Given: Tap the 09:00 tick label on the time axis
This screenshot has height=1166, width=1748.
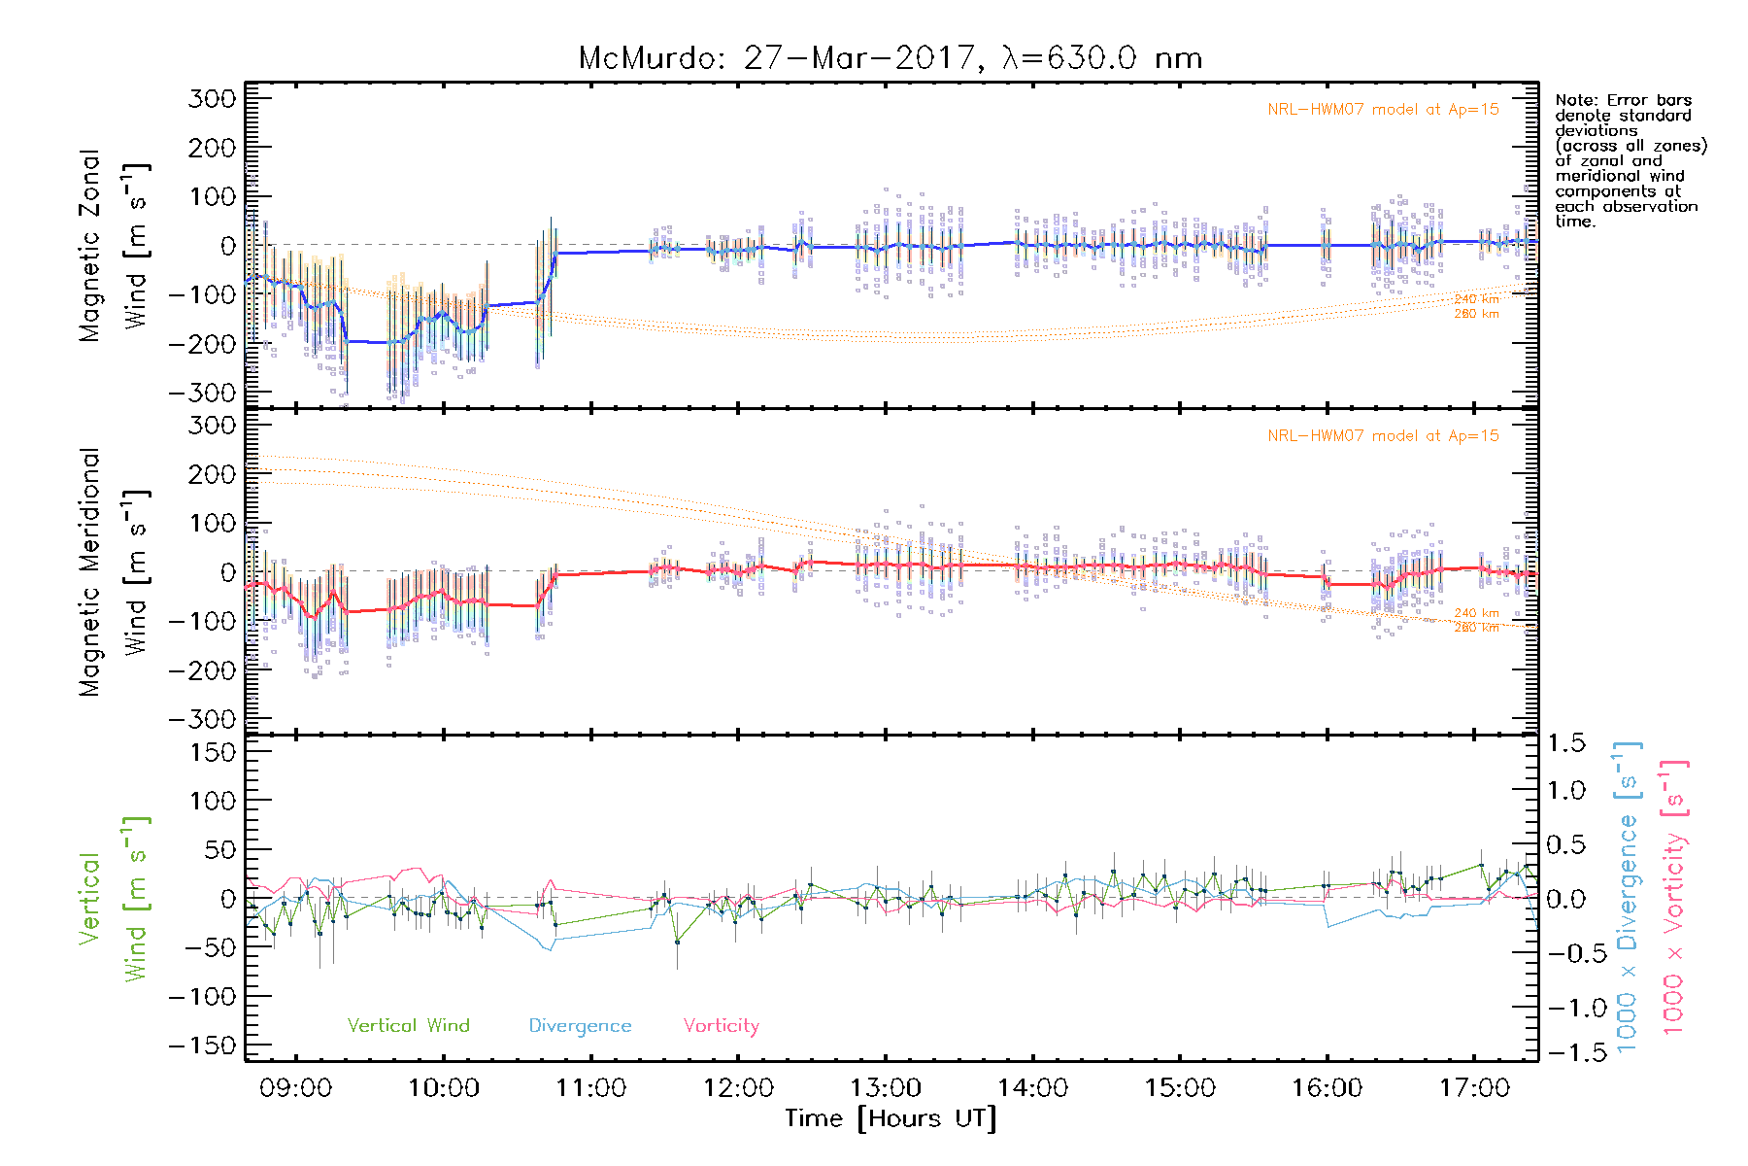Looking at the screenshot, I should pos(296,1087).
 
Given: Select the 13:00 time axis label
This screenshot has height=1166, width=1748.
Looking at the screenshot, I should pos(886,1087).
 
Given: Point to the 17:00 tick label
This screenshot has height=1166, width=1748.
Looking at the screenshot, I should pos(1474,1087).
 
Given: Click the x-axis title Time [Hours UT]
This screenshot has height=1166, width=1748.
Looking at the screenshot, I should pos(891,1118).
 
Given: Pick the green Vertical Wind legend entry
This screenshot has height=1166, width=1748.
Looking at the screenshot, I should pos(408,1025).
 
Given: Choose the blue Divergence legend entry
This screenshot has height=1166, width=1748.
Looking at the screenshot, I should pos(580,1026).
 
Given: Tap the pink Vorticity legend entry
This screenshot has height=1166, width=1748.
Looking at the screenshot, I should pos(721,1025).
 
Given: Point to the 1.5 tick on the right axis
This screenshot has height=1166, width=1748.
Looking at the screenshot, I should pos(1565,743).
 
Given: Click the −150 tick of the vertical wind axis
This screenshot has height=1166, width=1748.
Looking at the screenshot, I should pos(202,1046).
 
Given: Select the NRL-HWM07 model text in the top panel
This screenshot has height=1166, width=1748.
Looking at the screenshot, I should pos(1383,110).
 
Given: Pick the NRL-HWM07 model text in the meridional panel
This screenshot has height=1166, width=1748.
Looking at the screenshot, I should pos(1383,436).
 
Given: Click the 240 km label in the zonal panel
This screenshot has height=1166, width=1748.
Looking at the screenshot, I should pos(1476,299).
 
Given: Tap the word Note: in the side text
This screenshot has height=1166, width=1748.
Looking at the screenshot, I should pos(1574,100).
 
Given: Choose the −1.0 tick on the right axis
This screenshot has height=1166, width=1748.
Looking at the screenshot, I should pos(1565,1008).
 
